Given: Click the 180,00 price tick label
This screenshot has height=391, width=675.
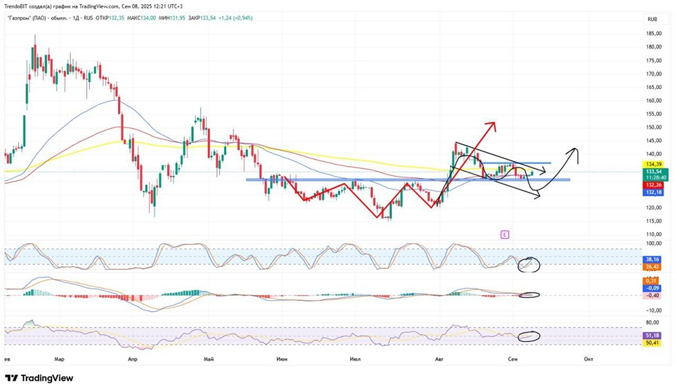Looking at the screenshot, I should coord(653,47).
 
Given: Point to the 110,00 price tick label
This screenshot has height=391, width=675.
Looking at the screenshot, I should coord(653,234).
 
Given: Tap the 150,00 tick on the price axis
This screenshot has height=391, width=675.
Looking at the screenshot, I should coord(653,127).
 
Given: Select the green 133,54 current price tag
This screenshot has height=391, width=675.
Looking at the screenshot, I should coord(653,171).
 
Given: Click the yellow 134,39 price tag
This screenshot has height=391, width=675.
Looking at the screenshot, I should coord(653,164).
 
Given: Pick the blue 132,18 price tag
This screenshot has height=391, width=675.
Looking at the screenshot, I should coord(653,192).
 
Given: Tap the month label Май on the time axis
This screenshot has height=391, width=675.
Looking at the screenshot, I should coord(208,359).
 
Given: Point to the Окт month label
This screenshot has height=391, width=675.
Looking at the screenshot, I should coord(588,359).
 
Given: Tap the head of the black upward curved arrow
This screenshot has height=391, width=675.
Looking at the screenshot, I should coord(575,148).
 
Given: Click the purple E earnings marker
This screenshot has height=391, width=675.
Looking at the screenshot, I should coord(504,235).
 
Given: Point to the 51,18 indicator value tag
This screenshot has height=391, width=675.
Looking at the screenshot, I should coord(653,335).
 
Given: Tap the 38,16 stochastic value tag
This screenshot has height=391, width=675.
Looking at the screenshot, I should coord(653,259).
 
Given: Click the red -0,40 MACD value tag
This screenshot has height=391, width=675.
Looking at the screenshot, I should coord(653,295).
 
